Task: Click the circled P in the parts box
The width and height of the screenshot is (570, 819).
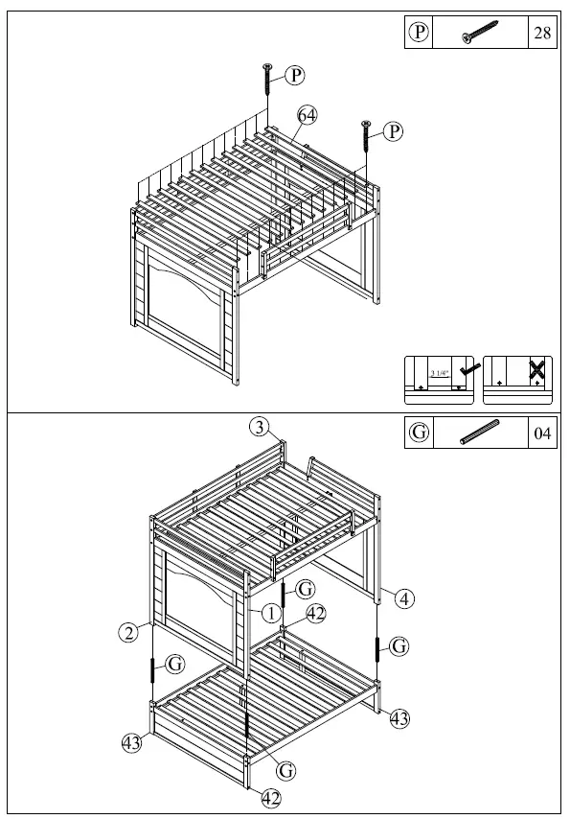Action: (x=419, y=34)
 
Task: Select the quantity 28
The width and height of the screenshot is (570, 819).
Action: (x=541, y=34)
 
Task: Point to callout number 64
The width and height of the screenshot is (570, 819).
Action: (x=307, y=114)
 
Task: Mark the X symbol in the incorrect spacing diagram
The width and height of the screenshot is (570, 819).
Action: (x=537, y=369)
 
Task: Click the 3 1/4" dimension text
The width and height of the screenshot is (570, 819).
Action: (x=439, y=373)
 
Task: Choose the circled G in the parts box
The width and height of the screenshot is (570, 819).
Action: (x=419, y=433)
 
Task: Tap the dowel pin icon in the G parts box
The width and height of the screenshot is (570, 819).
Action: (x=479, y=433)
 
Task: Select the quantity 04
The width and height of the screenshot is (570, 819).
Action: (x=541, y=433)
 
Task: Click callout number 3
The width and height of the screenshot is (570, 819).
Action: (x=260, y=428)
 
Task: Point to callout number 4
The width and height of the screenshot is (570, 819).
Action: (x=405, y=598)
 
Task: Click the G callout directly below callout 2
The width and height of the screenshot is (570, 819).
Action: (x=175, y=663)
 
